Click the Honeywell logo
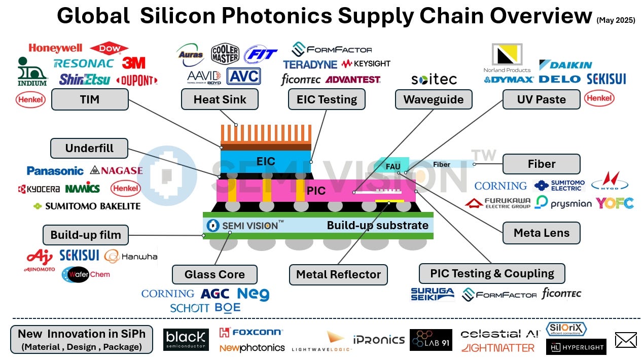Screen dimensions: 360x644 click(x=55, y=48)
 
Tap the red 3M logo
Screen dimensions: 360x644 click(x=133, y=63)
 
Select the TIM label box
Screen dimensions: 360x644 click(x=90, y=99)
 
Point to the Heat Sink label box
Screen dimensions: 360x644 click(x=220, y=99)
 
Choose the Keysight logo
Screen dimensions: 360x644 click(x=366, y=64)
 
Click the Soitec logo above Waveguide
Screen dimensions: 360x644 click(x=434, y=80)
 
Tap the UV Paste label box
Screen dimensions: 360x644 click(x=541, y=99)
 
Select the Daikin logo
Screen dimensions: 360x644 click(x=565, y=65)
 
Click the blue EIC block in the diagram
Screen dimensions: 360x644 click(x=266, y=161)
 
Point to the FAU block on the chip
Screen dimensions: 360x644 click(x=392, y=166)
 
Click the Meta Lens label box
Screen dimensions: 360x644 click(x=541, y=233)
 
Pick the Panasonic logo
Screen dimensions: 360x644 click(x=55, y=171)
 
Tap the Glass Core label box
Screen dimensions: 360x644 click(x=214, y=274)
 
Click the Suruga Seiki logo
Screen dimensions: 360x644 click(x=433, y=294)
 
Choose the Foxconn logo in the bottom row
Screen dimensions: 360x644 click(x=251, y=333)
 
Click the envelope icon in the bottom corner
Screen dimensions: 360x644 click(x=625, y=340)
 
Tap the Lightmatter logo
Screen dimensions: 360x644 click(x=498, y=348)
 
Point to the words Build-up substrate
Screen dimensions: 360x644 click(x=377, y=225)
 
